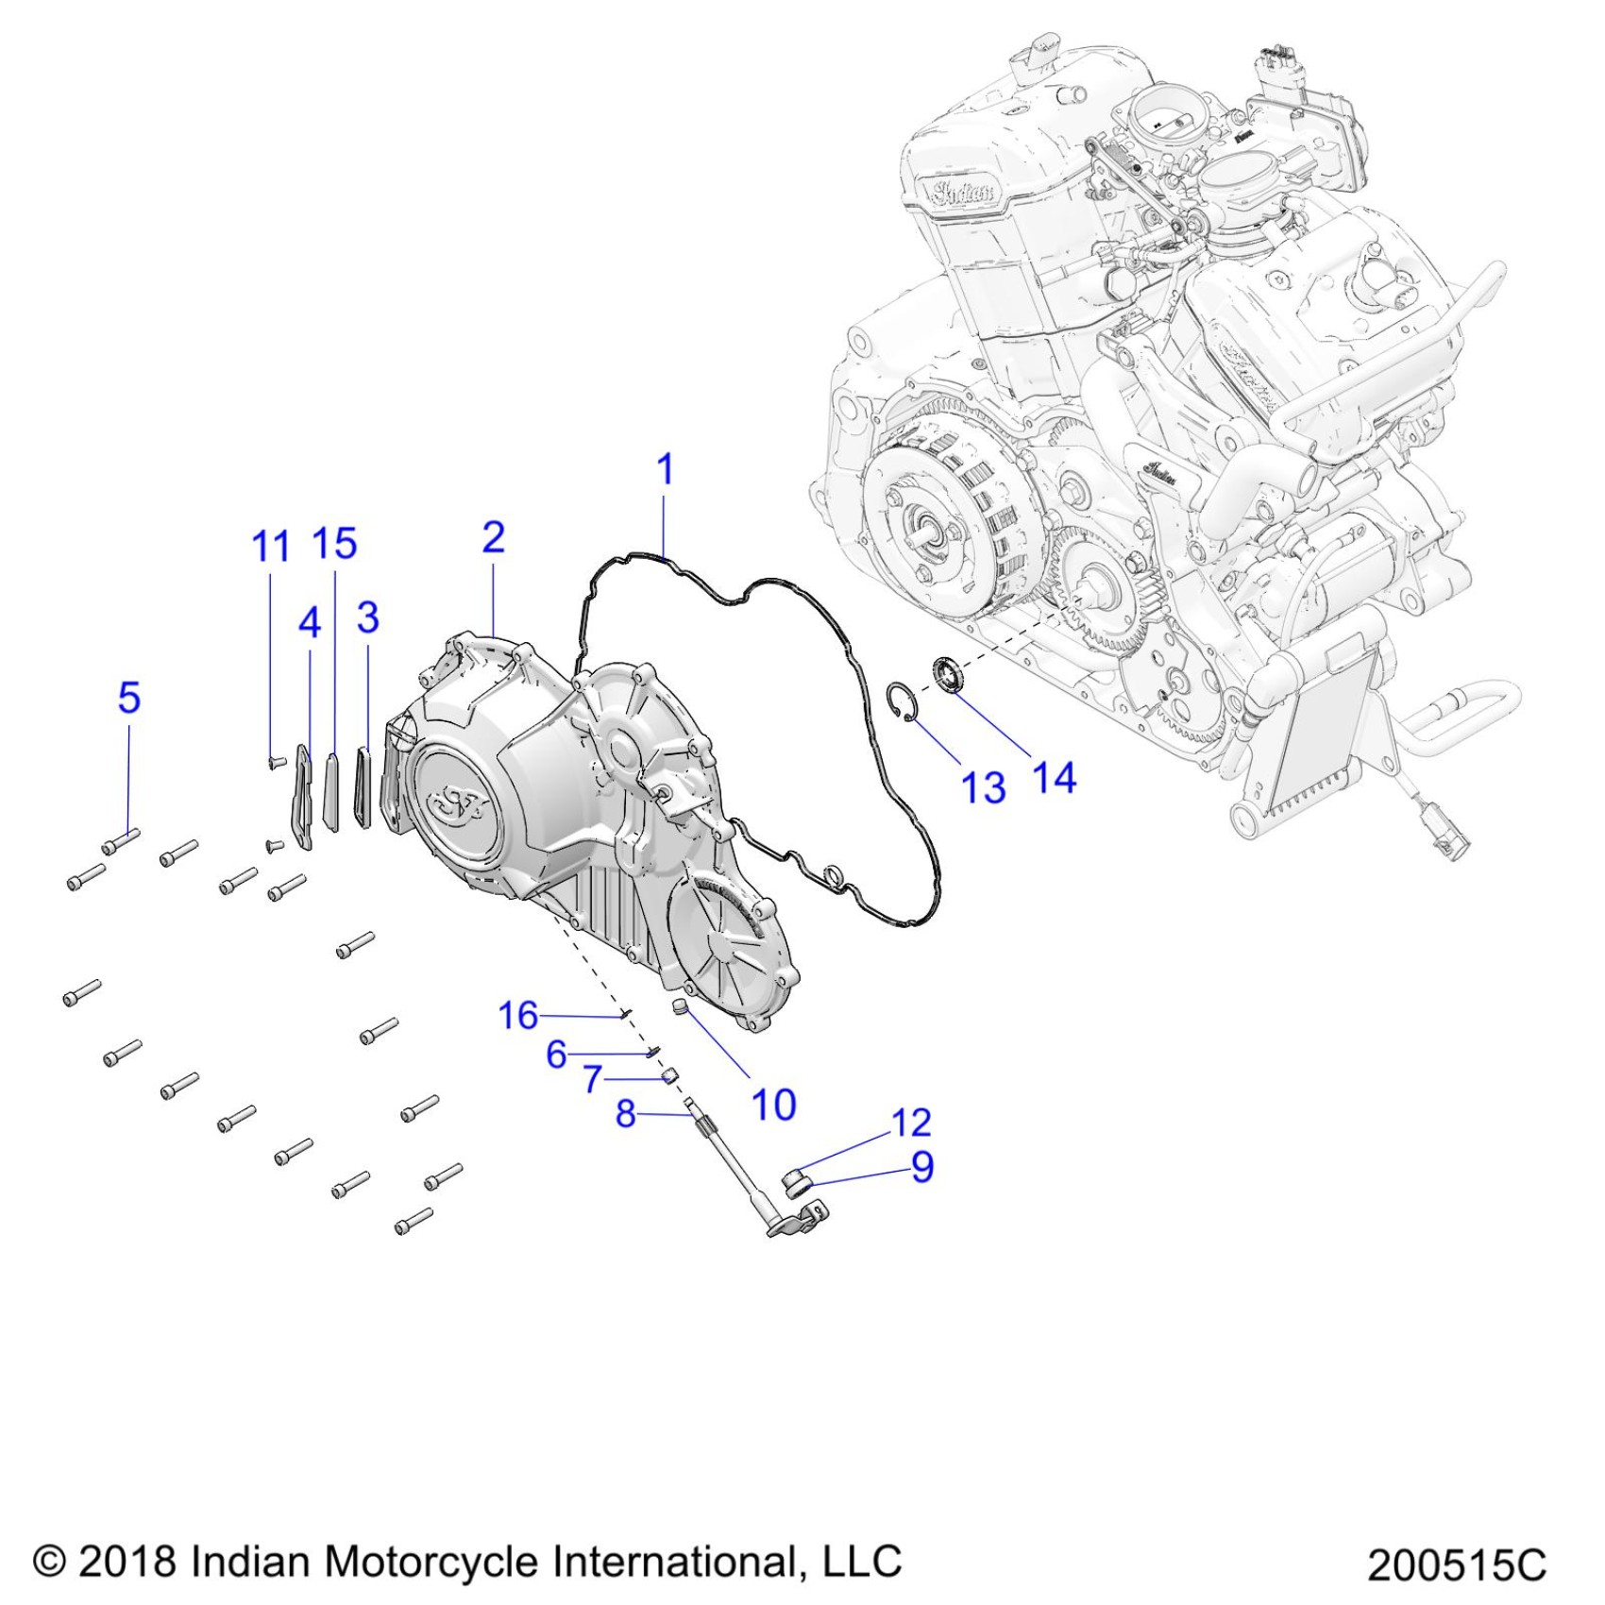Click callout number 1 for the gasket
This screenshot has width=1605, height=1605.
point(665,469)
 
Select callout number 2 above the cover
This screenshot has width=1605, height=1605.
point(493,537)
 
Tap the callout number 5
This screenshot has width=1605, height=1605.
point(129,698)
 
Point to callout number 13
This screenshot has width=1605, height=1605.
point(983,786)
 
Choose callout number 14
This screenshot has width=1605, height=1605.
point(1054,778)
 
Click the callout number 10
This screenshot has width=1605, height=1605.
point(773,1104)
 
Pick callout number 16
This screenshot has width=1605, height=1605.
point(517,1015)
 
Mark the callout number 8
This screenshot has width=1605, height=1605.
point(625,1114)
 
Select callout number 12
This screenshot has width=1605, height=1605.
point(911,1123)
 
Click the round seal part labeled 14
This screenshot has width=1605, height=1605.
point(949,676)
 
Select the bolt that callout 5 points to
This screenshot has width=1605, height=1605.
point(121,839)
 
